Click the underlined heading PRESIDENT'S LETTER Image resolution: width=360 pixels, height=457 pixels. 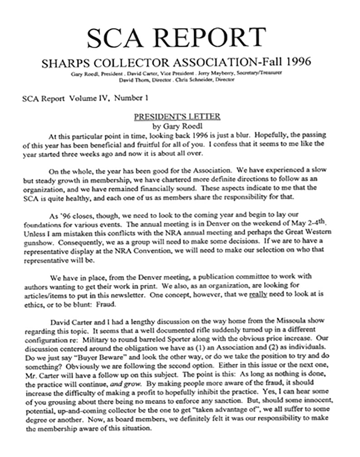177,117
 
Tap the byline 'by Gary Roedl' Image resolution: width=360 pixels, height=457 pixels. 177,126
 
